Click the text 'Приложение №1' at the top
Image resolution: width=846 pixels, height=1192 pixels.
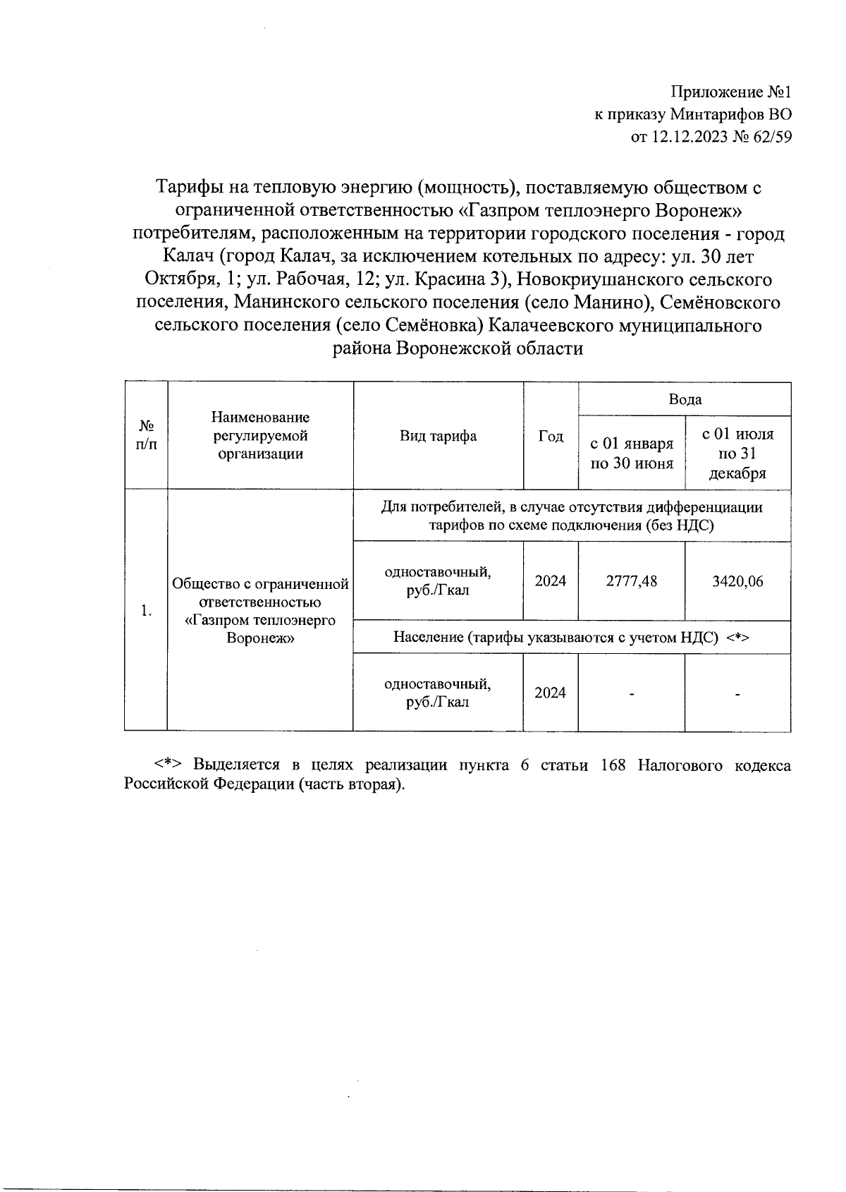[731, 92]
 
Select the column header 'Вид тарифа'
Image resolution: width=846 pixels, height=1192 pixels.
[438, 436]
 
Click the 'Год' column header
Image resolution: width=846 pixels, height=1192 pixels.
[551, 437]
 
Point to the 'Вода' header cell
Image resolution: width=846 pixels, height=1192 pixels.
[685, 400]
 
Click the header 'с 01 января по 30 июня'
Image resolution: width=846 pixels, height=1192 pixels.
[632, 453]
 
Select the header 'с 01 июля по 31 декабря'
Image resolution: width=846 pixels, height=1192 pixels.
[737, 454]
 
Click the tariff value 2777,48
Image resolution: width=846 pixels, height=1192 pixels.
[632, 581]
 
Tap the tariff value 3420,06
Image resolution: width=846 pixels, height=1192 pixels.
[737, 581]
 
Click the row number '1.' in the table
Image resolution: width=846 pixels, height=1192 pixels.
[146, 611]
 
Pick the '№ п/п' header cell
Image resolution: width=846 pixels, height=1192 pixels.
[146, 436]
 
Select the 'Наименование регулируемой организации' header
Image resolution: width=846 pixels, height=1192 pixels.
[260, 436]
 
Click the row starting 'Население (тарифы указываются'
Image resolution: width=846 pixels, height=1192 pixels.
[571, 638]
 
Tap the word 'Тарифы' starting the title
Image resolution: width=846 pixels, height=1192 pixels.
[185, 188]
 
